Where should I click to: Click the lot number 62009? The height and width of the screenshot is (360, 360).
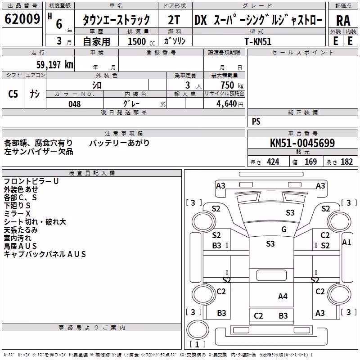click(x=22, y=19)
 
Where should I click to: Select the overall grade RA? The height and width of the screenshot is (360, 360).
click(x=343, y=21)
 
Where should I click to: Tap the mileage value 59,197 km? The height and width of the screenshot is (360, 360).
click(x=55, y=65)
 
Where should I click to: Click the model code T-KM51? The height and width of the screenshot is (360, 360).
click(x=258, y=41)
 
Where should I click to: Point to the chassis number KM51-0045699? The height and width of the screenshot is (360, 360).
click(x=302, y=143)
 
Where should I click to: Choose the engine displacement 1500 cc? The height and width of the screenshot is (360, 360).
click(x=141, y=41)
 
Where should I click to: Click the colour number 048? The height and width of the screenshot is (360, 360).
click(x=75, y=104)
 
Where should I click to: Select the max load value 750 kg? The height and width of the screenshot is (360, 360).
click(x=232, y=85)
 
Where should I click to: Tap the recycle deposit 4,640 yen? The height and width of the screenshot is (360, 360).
click(x=229, y=104)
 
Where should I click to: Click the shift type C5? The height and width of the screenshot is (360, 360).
click(x=13, y=94)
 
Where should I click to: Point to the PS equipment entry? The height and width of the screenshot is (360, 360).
click(x=256, y=121)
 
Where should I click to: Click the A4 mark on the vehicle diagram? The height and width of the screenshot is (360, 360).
click(x=283, y=297)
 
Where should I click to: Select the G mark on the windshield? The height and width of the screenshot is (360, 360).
click(x=284, y=229)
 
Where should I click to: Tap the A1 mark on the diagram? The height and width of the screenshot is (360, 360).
click(x=346, y=242)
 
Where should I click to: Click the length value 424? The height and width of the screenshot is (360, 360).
click(x=273, y=162)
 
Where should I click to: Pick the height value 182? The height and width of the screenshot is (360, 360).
click(x=346, y=162)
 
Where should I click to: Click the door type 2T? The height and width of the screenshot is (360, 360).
click(x=174, y=20)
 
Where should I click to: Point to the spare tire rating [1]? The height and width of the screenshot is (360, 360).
click(x=197, y=344)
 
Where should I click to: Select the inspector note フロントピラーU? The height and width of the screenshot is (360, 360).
click(x=31, y=181)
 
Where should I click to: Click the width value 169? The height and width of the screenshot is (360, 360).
click(x=310, y=162)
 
